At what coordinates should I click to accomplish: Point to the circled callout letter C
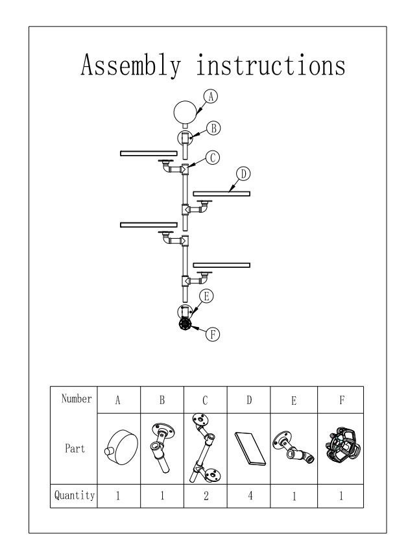[212, 156]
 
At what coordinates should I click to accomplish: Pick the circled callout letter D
[244, 173]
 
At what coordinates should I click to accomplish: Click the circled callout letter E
[206, 296]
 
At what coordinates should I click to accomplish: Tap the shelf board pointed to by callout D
[221, 193]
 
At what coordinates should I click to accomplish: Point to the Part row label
[73, 449]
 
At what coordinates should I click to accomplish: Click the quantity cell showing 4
[250, 496]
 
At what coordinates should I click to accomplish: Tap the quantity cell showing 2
[206, 496]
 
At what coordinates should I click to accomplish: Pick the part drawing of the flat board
[250, 449]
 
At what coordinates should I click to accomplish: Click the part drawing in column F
[340, 448]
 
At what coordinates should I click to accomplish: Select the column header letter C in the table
[206, 400]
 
